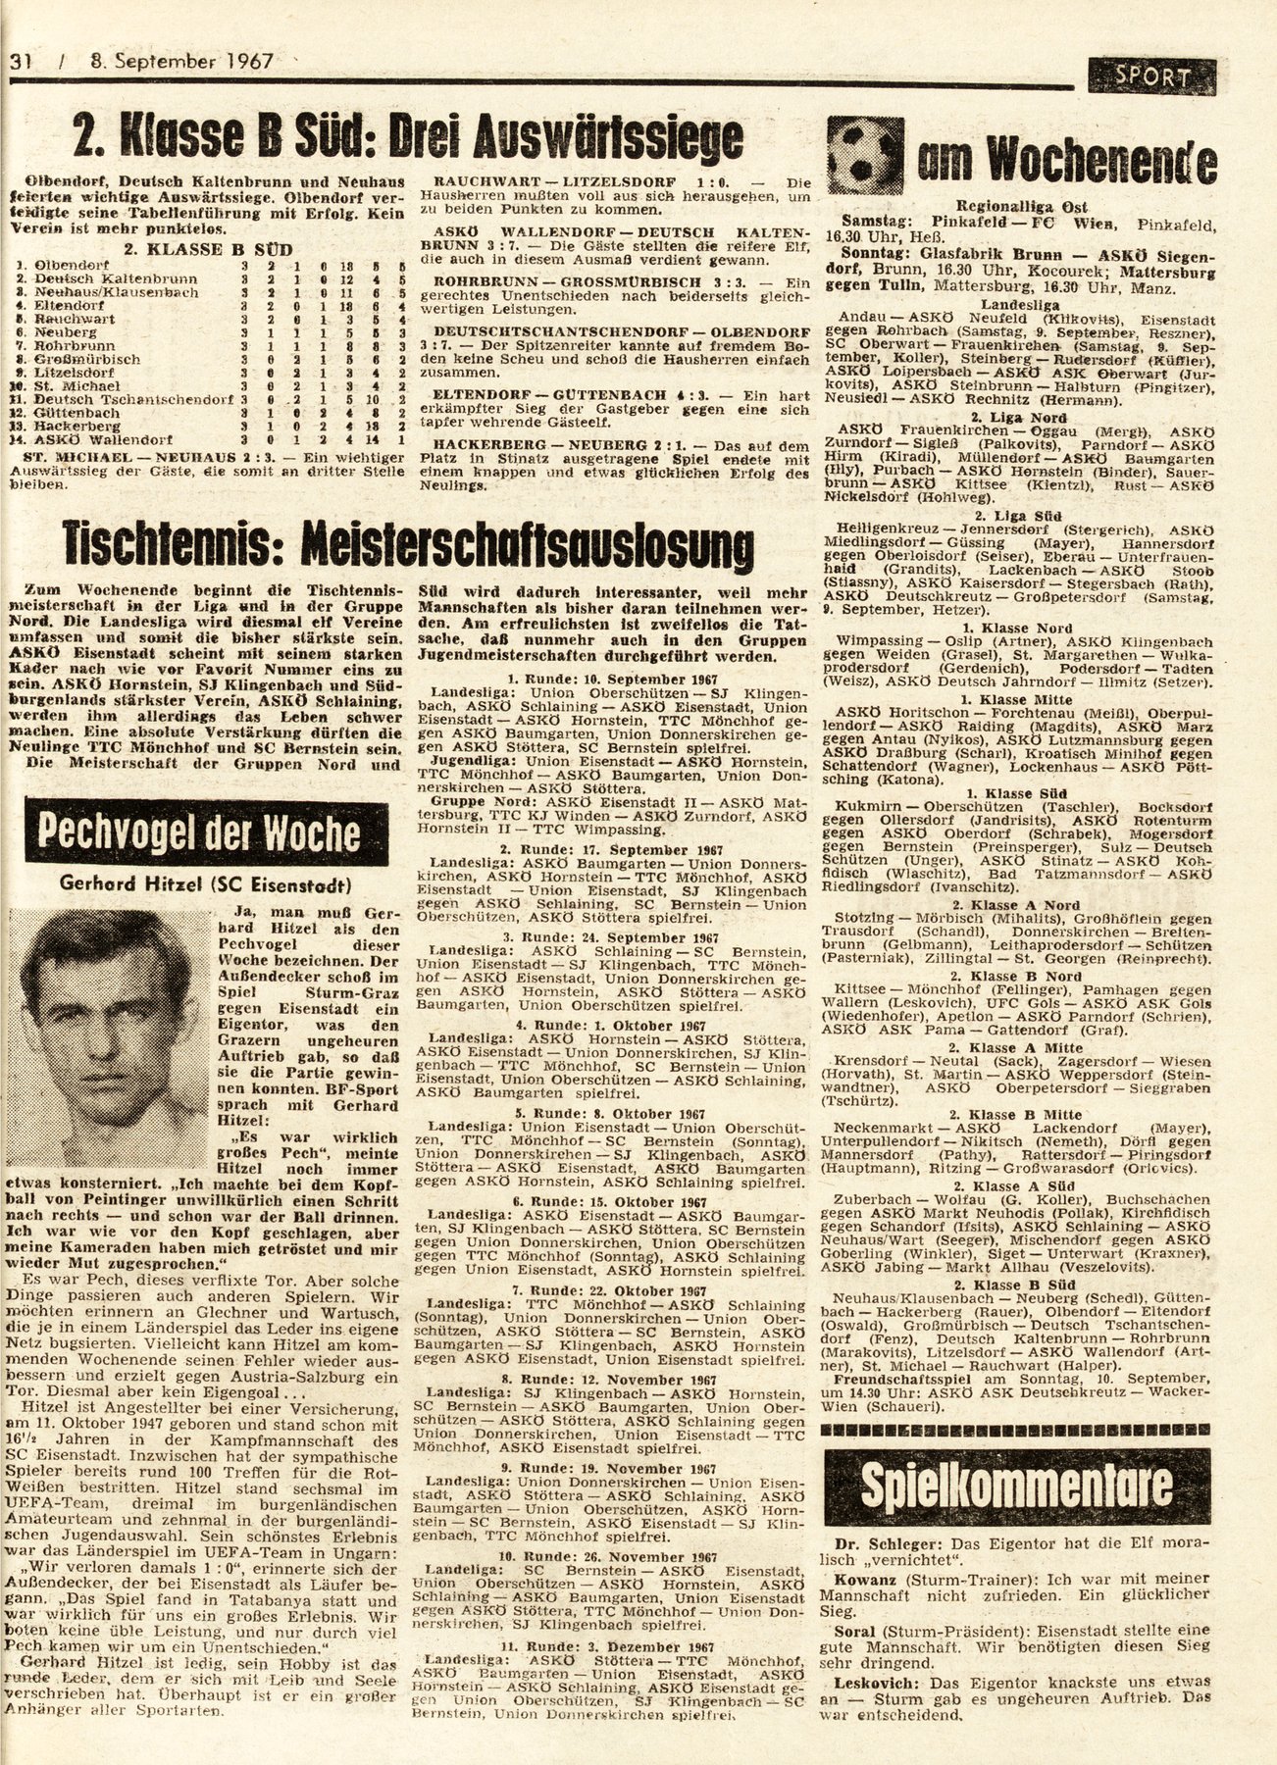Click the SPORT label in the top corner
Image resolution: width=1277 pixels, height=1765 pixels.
[x=1152, y=76]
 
